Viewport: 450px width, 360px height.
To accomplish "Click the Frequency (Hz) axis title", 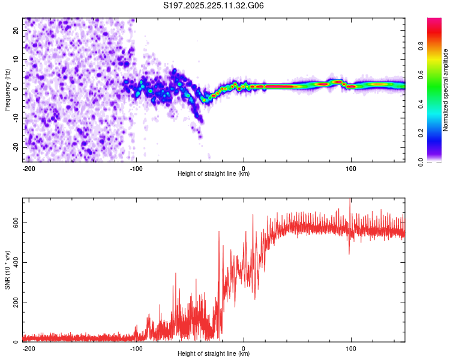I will (7, 88).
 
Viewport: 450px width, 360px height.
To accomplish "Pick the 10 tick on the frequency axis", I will (17, 59).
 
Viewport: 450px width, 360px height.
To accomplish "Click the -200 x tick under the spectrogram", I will (28, 167).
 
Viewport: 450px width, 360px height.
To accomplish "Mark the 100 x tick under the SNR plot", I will (351, 347).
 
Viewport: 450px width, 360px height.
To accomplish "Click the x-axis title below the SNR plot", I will (214, 354).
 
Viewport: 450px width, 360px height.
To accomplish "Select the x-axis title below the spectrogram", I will (214, 174).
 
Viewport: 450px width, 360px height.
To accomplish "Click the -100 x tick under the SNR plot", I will (136, 347).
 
